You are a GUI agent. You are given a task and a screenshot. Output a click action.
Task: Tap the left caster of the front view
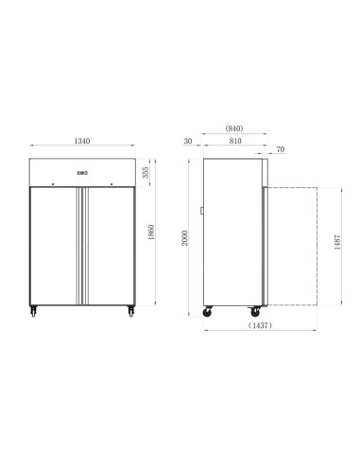coord(35,309)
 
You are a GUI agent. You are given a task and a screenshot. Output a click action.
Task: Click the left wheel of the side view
coord(208,309)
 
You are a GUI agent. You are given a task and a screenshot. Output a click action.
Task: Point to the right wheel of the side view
coord(253,309)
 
